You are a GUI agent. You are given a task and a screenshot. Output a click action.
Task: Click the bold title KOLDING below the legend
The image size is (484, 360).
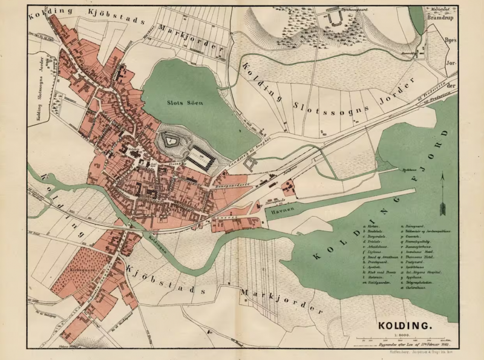[405, 326]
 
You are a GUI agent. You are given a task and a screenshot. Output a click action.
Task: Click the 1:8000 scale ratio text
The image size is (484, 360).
[404, 333]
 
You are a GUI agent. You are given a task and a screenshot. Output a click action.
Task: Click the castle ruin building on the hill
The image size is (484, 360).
[172, 141]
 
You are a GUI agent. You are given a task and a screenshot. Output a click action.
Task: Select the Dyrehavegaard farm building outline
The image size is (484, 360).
[335, 19]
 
